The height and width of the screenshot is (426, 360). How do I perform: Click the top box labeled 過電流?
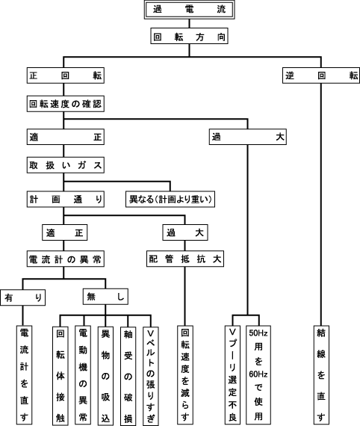pyautogui.click(x=189, y=10)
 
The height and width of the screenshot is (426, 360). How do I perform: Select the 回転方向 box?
pyautogui.click(x=189, y=36)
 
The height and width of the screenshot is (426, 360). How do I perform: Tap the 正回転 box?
pyautogui.click(x=66, y=75)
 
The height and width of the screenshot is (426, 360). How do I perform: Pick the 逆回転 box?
pyautogui.click(x=321, y=75)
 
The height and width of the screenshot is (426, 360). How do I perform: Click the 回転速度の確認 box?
pyautogui.click(x=66, y=104)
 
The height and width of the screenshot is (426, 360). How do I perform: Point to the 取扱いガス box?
pyautogui.click(x=66, y=165)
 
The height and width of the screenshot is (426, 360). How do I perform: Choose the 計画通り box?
pyautogui.click(x=66, y=199)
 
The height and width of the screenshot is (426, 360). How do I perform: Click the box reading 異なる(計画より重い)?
pyautogui.click(x=170, y=199)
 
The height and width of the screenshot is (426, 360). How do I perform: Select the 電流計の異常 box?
pyautogui.click(x=66, y=259)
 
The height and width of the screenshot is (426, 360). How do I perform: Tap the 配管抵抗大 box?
pyautogui.click(x=185, y=259)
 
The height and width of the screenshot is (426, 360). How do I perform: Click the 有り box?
pyautogui.click(x=23, y=297)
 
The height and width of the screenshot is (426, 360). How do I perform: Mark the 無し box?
pyautogui.click(x=105, y=297)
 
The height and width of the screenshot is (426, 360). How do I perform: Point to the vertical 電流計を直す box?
pyautogui.click(x=24, y=375)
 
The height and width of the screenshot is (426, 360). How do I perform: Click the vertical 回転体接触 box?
pyautogui.click(x=60, y=376)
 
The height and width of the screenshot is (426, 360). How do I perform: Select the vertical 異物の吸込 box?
pyautogui.click(x=105, y=376)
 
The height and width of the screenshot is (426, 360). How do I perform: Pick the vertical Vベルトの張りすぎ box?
pyautogui.click(x=151, y=376)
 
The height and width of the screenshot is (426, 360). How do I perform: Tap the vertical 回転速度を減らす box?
pyautogui.click(x=185, y=375)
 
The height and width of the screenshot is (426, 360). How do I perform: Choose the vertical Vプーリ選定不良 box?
pyautogui.click(x=233, y=375)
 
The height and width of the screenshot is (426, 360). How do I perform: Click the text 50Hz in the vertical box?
pyautogui.click(x=258, y=333)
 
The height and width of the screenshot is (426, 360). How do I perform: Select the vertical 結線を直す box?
pyautogui.click(x=321, y=375)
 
